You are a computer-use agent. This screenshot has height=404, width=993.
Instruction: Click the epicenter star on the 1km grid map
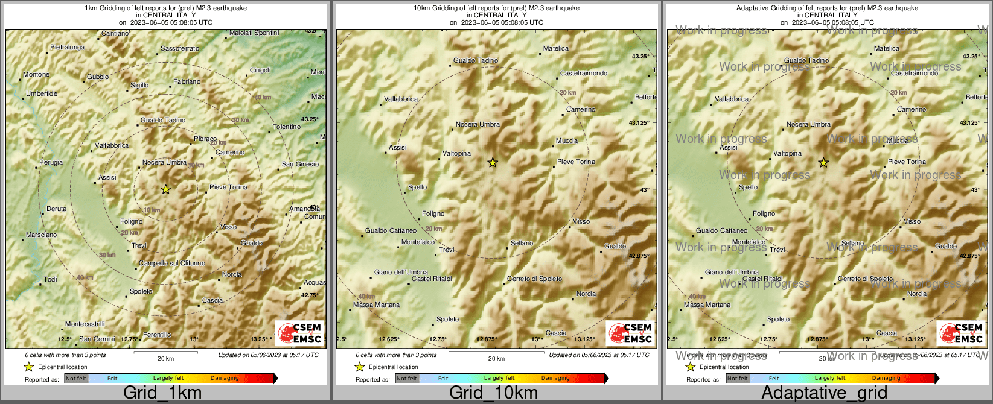coord(166,189)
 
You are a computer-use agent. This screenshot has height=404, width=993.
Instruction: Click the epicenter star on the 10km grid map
coord(493,162)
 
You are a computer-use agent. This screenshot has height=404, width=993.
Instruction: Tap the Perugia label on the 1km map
coord(51,162)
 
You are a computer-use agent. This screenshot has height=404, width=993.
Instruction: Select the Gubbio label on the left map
coord(98,77)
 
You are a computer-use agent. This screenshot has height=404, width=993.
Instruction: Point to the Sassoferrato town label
coord(180,48)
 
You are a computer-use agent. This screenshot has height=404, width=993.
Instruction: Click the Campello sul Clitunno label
coord(172,263)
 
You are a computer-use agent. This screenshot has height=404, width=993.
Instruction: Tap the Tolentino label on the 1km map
coord(287,127)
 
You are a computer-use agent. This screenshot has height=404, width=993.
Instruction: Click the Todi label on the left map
coord(51,279)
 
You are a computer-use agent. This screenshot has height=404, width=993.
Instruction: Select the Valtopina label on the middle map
coord(456,153)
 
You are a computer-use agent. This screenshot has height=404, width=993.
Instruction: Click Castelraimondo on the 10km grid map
coord(584,73)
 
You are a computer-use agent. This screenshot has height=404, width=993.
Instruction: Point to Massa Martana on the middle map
coord(376,305)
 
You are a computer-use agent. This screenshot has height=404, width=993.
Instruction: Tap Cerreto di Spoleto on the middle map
coord(534,279)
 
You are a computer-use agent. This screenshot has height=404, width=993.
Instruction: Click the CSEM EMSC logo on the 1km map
coord(299,333)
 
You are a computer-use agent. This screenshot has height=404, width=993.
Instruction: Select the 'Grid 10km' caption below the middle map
coord(493,393)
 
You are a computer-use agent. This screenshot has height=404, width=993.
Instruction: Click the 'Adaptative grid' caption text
coord(824,393)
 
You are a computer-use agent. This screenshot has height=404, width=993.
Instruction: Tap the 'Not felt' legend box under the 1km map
coord(76,379)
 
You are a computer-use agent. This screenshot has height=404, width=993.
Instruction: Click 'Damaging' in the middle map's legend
coord(555,379)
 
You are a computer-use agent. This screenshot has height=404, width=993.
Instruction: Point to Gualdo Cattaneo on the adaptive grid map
coord(721,230)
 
